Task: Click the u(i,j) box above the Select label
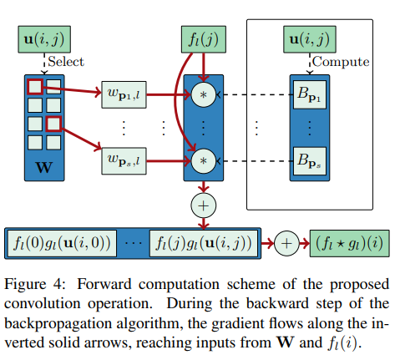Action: click(x=43, y=38)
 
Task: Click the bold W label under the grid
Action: click(x=43, y=170)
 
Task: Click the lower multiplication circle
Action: click(x=201, y=157)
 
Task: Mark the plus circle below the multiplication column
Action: click(x=202, y=204)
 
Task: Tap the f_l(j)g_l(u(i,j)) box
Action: click(x=204, y=243)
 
